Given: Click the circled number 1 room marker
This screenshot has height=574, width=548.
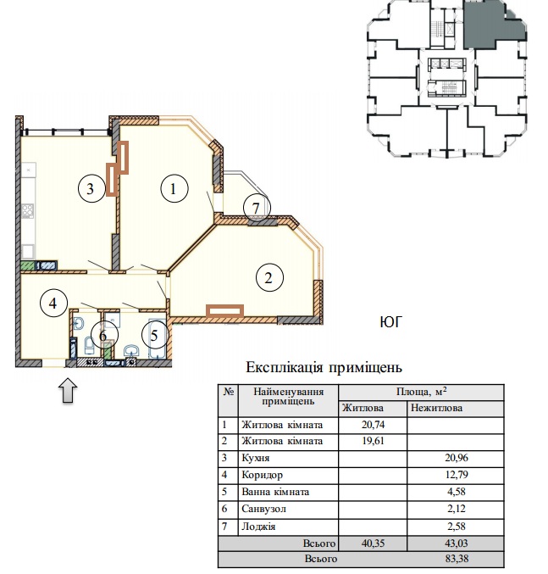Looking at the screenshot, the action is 174,188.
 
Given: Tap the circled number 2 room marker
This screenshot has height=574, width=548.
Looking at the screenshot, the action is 269,278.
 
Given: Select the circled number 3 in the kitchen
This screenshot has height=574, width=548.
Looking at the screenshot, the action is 91,188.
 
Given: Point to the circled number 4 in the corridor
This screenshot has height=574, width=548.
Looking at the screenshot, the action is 53,303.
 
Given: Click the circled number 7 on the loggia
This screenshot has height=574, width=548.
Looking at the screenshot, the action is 257,208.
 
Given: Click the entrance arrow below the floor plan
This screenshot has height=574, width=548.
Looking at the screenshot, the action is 68,390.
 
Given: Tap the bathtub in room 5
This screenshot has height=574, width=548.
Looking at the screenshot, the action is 158,339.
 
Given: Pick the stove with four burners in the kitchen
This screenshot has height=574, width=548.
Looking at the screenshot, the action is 28,211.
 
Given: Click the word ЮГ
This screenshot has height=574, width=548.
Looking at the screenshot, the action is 390,322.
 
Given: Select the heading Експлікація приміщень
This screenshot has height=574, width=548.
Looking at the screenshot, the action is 324,367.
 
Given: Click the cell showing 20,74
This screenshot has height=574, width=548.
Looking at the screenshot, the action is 374,425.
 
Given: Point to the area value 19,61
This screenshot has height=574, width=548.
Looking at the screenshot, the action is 374,441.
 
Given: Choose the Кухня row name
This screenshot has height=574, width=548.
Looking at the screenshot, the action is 256,458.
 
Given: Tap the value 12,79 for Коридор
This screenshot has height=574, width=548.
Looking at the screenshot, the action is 457,475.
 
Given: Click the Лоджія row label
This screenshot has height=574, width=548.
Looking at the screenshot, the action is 258,527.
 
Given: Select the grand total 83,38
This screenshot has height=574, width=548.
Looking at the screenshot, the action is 457,559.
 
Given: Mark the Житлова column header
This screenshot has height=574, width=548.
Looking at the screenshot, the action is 363,408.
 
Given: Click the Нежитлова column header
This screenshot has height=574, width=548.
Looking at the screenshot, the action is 436,408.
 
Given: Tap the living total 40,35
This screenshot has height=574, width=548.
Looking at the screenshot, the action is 374,543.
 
